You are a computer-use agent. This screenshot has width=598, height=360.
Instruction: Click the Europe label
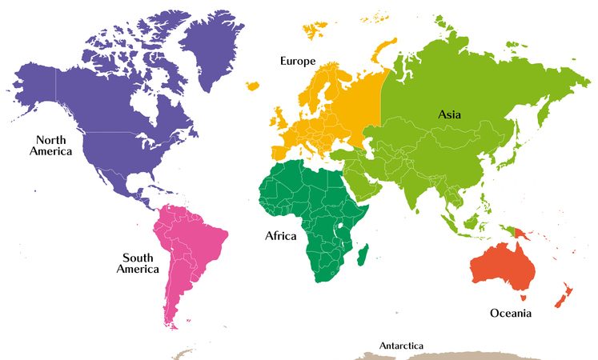(x=297, y=61)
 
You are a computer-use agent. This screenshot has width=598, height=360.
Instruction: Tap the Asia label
(x=449, y=114)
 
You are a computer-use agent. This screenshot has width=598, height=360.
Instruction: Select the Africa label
(x=280, y=236)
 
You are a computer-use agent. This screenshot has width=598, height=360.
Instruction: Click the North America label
(x=51, y=145)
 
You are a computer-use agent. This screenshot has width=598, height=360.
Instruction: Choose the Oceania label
(x=510, y=313)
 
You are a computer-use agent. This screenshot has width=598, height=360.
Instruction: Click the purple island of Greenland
(x=212, y=48)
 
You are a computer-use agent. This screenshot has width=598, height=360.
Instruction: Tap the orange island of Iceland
(x=255, y=85)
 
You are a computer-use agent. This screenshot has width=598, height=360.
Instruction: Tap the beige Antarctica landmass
(x=448, y=354)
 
